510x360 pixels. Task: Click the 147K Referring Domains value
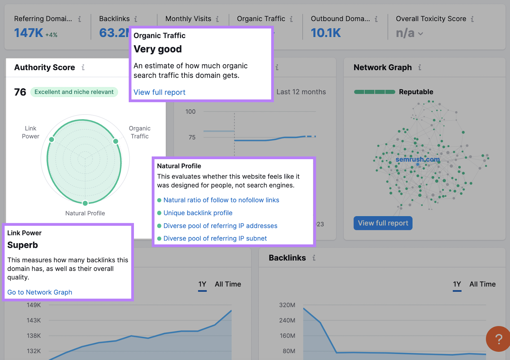pos(28,33)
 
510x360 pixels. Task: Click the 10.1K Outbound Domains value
pos(326,33)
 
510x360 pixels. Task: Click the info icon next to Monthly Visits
pos(217,19)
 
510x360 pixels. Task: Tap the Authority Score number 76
pos(20,92)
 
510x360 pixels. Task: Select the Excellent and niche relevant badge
pos(74,92)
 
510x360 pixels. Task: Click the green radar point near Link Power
pos(52,139)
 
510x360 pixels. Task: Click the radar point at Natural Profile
pos(85,203)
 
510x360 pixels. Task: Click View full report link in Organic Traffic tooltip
pos(159,92)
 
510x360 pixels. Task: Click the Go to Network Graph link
pos(40,292)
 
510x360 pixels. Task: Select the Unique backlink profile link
pos(198,213)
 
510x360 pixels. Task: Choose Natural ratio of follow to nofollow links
pos(221,200)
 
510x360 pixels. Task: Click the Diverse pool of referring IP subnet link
pos(215,239)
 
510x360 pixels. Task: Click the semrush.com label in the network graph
pos(418,159)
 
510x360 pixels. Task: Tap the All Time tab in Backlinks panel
pos(482,284)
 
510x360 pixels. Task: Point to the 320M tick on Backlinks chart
pos(287,305)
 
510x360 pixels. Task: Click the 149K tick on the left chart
pos(34,305)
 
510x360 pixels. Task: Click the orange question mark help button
pos(499,339)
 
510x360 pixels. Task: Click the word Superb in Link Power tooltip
pos(23,245)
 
